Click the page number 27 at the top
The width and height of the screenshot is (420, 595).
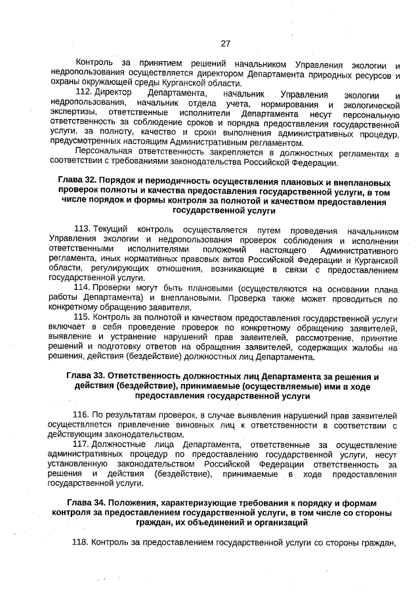click(225, 44)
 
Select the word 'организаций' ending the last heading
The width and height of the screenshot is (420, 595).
click(268, 523)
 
